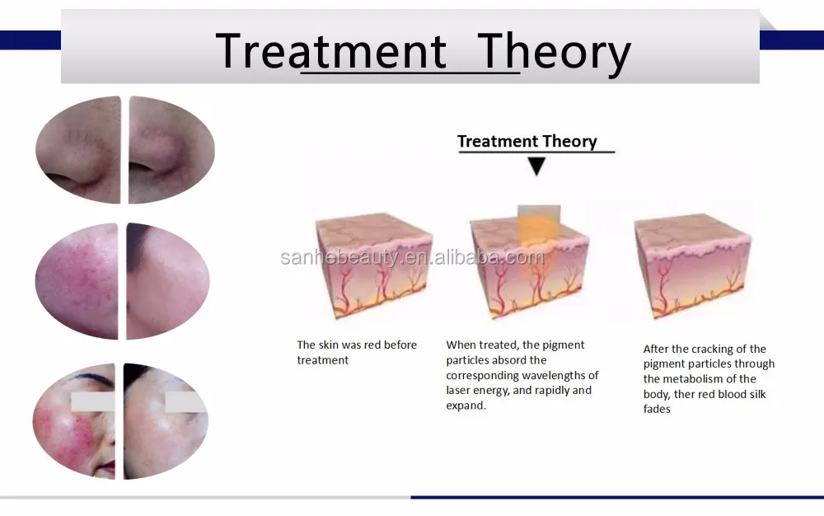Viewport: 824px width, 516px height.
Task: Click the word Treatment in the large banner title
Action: click(331, 51)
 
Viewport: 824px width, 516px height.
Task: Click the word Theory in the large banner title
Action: click(554, 53)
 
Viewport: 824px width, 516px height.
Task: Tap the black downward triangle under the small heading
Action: click(536, 166)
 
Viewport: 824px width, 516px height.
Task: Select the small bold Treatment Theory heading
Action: click(527, 141)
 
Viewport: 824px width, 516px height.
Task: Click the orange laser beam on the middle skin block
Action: click(539, 231)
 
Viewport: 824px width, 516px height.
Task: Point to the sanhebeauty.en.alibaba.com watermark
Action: click(413, 257)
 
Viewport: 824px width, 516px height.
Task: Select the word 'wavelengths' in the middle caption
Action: click(555, 376)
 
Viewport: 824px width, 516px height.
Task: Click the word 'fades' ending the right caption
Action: click(657, 409)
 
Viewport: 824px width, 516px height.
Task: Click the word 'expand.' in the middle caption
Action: click(466, 406)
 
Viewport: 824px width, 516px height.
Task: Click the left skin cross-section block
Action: click(373, 265)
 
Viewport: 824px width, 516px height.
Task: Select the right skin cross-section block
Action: click(693, 265)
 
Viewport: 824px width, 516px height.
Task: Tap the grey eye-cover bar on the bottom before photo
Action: click(92, 402)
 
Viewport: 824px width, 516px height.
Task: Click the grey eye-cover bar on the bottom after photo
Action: click(185, 402)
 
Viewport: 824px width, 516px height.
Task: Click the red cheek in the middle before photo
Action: click(79, 273)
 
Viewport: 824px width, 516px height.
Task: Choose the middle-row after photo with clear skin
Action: click(167, 281)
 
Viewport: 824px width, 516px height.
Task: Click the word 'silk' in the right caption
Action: click(756, 394)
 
